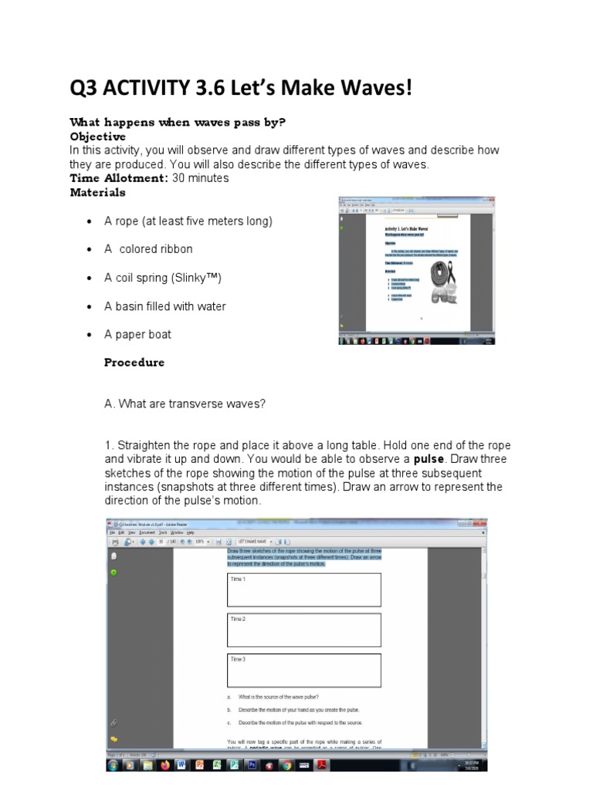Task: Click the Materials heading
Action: tap(97, 192)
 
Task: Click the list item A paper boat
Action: tap(137, 334)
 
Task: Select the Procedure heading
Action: tap(134, 363)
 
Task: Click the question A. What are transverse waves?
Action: tap(185, 404)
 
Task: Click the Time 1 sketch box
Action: tap(303, 589)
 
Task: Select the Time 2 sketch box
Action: tap(303, 630)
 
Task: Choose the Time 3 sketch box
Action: tap(303, 670)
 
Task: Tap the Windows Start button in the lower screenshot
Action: tap(114, 765)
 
